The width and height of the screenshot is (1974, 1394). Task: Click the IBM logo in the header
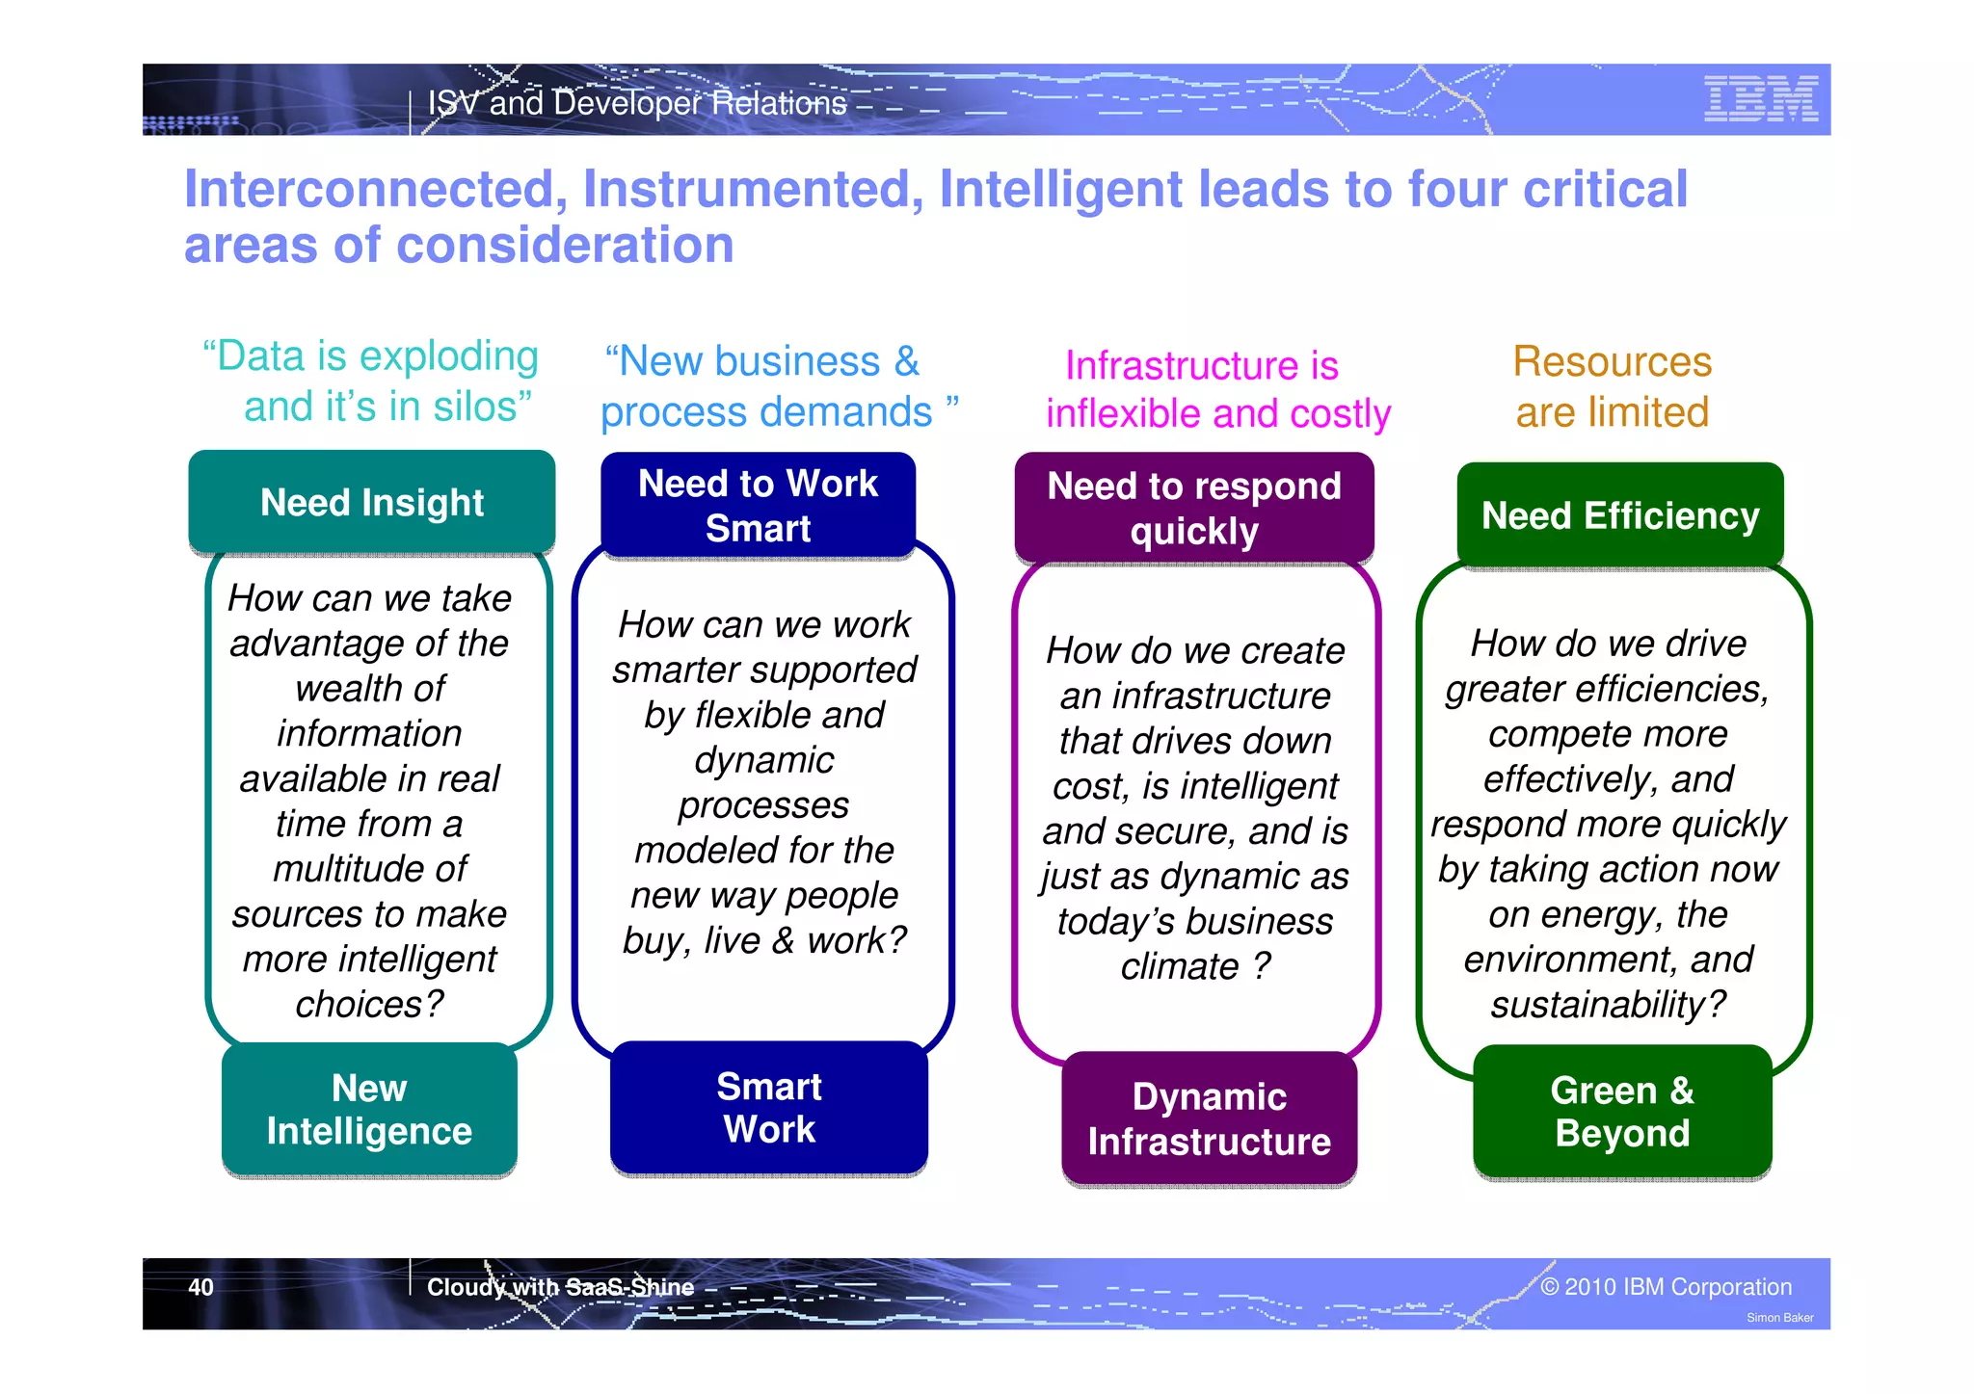tap(1760, 98)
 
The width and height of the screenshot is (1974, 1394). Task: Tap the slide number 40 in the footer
tap(200, 1287)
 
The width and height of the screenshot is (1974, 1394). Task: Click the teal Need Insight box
tap(372, 502)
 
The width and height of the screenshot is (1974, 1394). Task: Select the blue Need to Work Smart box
tap(758, 506)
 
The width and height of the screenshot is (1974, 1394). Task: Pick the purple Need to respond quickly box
tap(1194, 508)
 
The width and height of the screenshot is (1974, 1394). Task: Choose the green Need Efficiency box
tap(1620, 515)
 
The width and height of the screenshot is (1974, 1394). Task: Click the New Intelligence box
tap(369, 1109)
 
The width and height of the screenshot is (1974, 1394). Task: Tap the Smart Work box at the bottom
tap(769, 1108)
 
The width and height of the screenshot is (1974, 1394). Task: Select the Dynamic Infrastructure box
tap(1209, 1118)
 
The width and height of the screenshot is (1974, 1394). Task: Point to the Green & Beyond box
tap(1622, 1112)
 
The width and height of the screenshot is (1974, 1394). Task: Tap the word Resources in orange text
tap(1612, 362)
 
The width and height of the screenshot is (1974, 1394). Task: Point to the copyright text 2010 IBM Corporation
tap(1677, 1287)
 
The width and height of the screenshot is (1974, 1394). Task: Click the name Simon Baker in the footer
tap(1779, 1318)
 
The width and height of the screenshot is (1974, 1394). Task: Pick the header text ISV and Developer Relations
tap(637, 103)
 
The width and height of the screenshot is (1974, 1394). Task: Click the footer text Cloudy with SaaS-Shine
tap(560, 1287)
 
